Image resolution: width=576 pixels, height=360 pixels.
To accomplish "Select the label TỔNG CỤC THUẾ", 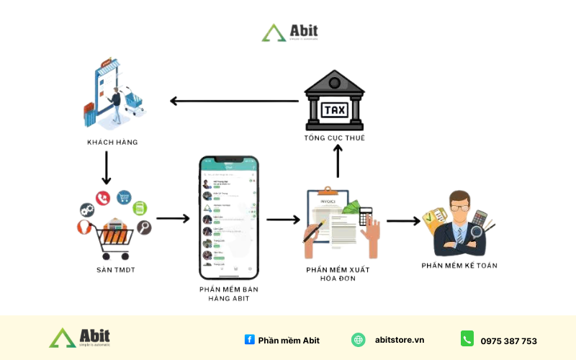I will point(335,138).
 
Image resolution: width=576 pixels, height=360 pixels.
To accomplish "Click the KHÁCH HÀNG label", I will point(112,142).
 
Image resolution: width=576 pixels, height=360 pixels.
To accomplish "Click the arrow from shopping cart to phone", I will point(173,217).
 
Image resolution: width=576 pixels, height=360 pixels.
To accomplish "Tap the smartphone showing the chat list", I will point(228,217).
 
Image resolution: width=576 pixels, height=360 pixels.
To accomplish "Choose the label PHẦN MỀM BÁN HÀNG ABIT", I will point(228,294).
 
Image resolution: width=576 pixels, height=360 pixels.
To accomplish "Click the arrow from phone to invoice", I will point(283,217).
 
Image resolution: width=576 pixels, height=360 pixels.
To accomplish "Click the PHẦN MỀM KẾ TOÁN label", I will point(459,266).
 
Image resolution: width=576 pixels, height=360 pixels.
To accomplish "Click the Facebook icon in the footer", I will point(249,340).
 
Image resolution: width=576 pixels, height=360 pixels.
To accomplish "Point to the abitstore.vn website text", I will point(400,340).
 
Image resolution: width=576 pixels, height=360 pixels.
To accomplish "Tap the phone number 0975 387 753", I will point(509,341).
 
